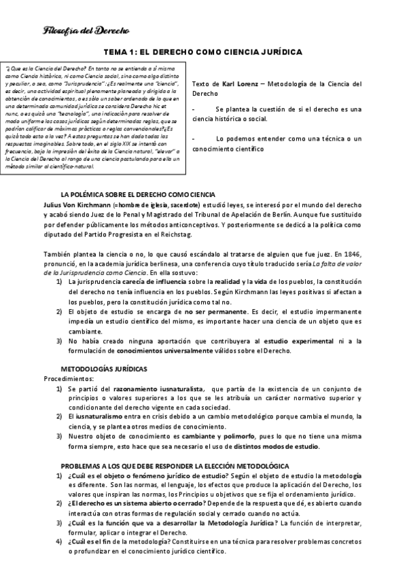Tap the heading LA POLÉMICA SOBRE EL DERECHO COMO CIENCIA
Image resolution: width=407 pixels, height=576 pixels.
(x=138, y=194)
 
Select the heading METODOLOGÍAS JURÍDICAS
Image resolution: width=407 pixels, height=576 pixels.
(x=99, y=367)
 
